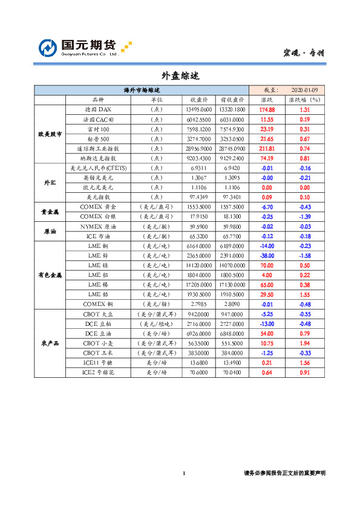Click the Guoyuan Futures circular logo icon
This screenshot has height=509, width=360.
[48, 48]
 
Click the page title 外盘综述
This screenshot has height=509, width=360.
[180, 76]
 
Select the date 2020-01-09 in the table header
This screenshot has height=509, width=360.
[304, 89]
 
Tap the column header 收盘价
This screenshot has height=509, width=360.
[199, 100]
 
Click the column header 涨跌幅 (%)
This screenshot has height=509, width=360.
[304, 100]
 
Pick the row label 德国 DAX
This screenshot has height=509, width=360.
[97, 109]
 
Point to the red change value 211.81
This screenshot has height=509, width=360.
[267, 148]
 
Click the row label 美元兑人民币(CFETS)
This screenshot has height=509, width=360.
[97, 167]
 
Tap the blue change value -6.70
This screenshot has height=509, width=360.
[267, 207]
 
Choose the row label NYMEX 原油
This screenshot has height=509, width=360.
[97, 226]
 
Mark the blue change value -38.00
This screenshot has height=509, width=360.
[267, 256]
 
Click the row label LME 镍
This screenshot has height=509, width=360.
[97, 265]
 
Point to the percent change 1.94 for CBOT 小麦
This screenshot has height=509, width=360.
[304, 343]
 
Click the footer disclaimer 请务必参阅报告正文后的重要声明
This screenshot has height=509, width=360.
[284, 473]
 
